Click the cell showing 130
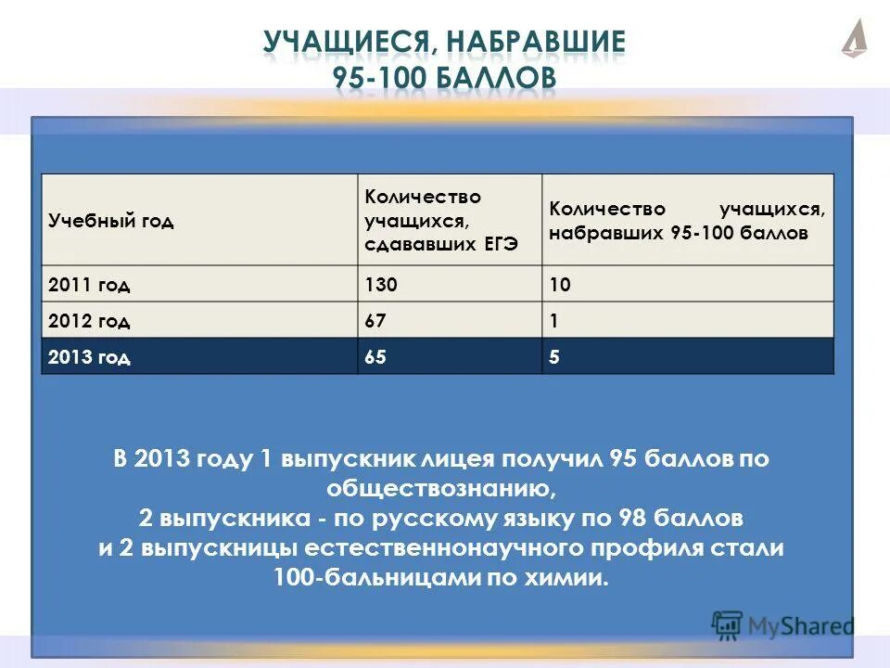[381, 285]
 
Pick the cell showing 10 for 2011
[560, 285]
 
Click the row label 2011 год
[89, 285]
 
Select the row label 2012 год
[89, 321]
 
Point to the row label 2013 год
[89, 357]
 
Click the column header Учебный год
[111, 221]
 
